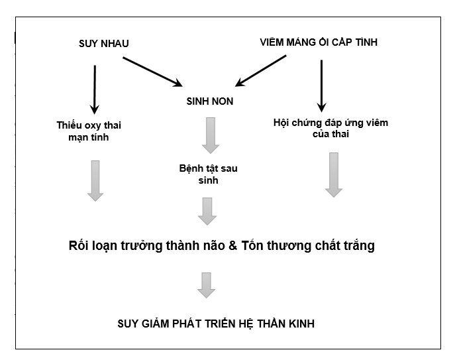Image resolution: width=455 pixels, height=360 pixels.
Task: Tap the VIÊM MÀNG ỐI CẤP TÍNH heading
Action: pos(319,42)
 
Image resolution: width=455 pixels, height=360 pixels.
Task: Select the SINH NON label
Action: pos(209,102)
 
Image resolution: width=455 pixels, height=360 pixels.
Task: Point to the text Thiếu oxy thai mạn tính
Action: pos(89,131)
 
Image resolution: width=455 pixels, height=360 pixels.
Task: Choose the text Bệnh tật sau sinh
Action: pos(208,174)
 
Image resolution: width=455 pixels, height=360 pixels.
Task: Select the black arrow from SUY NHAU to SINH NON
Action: pos(152,72)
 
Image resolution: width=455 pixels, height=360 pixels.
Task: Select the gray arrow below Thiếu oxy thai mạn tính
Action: pos(95,180)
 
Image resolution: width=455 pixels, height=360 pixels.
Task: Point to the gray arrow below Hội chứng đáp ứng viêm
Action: pos(334,174)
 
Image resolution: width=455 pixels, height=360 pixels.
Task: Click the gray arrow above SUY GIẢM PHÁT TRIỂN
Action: pos(207,284)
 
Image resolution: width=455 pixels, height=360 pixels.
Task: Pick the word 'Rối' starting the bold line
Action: pos(79,246)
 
